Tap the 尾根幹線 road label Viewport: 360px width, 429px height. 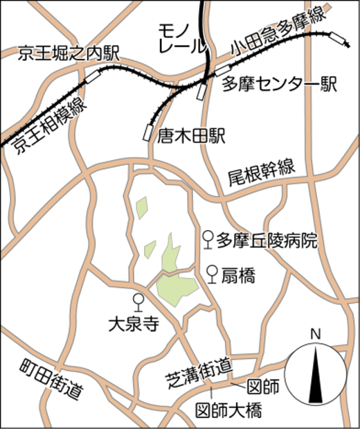click(261, 175)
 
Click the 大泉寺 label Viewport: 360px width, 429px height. click(135, 324)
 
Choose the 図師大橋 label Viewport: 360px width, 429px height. click(228, 410)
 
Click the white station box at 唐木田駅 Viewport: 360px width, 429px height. click(147, 132)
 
